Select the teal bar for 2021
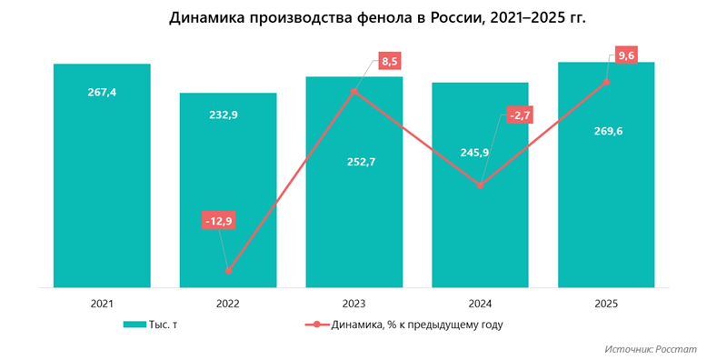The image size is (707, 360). click(102, 182)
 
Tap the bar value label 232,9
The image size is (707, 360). click(227, 114)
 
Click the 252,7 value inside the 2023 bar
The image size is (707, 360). click(353, 162)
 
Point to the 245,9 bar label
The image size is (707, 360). click(479, 153)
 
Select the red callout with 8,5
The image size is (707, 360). click(390, 62)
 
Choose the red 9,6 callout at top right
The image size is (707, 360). click(626, 55)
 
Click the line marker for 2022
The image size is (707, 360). click(228, 271)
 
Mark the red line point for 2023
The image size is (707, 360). click(353, 91)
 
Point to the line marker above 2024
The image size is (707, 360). click(480, 185)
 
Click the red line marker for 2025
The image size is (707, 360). click(606, 83)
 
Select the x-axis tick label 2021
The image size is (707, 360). click(102, 304)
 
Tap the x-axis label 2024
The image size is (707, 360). click(480, 304)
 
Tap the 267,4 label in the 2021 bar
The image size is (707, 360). click(102, 93)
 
